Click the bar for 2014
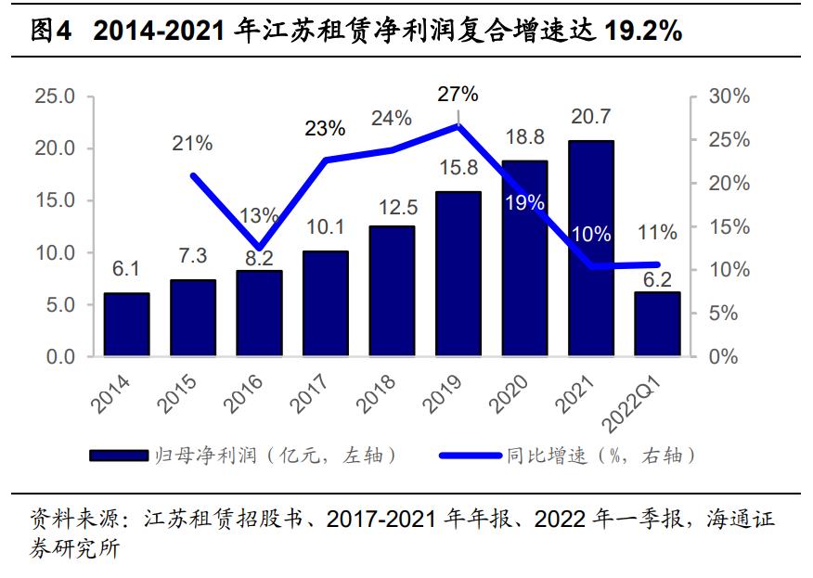126,325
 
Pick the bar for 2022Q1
657,324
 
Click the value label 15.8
458,169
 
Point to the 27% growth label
458,94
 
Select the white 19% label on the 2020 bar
524,202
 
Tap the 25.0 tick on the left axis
55,96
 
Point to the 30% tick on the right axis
728,96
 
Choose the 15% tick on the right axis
728,226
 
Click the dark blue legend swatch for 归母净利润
118,456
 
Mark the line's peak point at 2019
458,125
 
